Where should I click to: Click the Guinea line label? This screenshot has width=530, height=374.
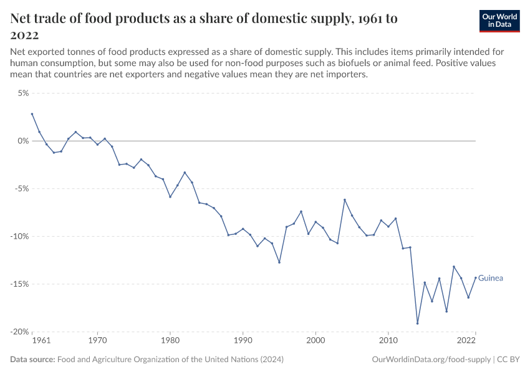491,278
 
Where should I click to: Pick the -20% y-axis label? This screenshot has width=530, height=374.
19,332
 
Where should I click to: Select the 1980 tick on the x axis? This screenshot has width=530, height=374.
170,341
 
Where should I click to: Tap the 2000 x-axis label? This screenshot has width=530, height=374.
316,341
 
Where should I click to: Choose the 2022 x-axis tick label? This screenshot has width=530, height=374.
467,341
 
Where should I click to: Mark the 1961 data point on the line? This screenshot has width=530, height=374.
32,114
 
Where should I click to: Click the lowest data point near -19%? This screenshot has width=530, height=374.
417,324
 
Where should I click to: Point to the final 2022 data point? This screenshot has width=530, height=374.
476,278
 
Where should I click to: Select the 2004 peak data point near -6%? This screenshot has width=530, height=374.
345,199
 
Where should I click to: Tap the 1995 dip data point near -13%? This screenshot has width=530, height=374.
279,262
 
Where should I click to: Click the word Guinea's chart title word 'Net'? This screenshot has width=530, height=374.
23,19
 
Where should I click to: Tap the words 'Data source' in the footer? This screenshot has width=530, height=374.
32,360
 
